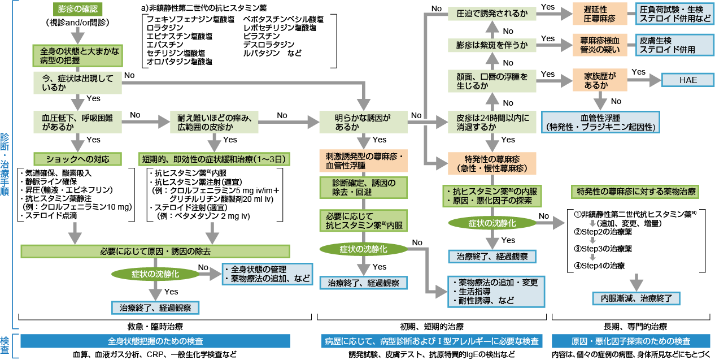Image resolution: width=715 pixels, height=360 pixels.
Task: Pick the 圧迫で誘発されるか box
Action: pyautogui.click(x=491, y=12)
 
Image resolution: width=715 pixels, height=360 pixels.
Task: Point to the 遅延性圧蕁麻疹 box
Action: pyautogui.click(x=600, y=14)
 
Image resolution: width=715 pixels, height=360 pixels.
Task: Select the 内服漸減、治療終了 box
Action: pyautogui.click(x=635, y=298)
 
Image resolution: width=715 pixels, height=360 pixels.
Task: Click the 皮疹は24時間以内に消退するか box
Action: pyautogui.click(x=491, y=122)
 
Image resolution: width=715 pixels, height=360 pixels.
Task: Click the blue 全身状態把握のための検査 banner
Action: pyautogui.click(x=155, y=341)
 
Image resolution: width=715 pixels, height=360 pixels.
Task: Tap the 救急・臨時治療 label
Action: pyautogui.click(x=155, y=327)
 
